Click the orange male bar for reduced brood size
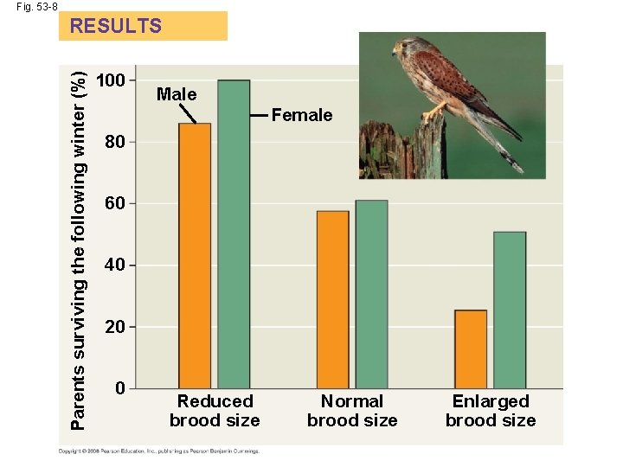[195, 255]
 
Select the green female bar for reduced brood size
[234, 233]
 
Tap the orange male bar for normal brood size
[333, 299]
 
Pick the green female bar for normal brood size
[371, 294]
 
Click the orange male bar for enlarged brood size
[471, 349]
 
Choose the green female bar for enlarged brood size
[510, 310]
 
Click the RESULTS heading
[116, 26]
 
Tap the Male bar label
[177, 94]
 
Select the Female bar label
[302, 115]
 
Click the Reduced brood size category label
[215, 411]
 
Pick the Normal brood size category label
[352, 411]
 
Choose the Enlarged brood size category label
[491, 411]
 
